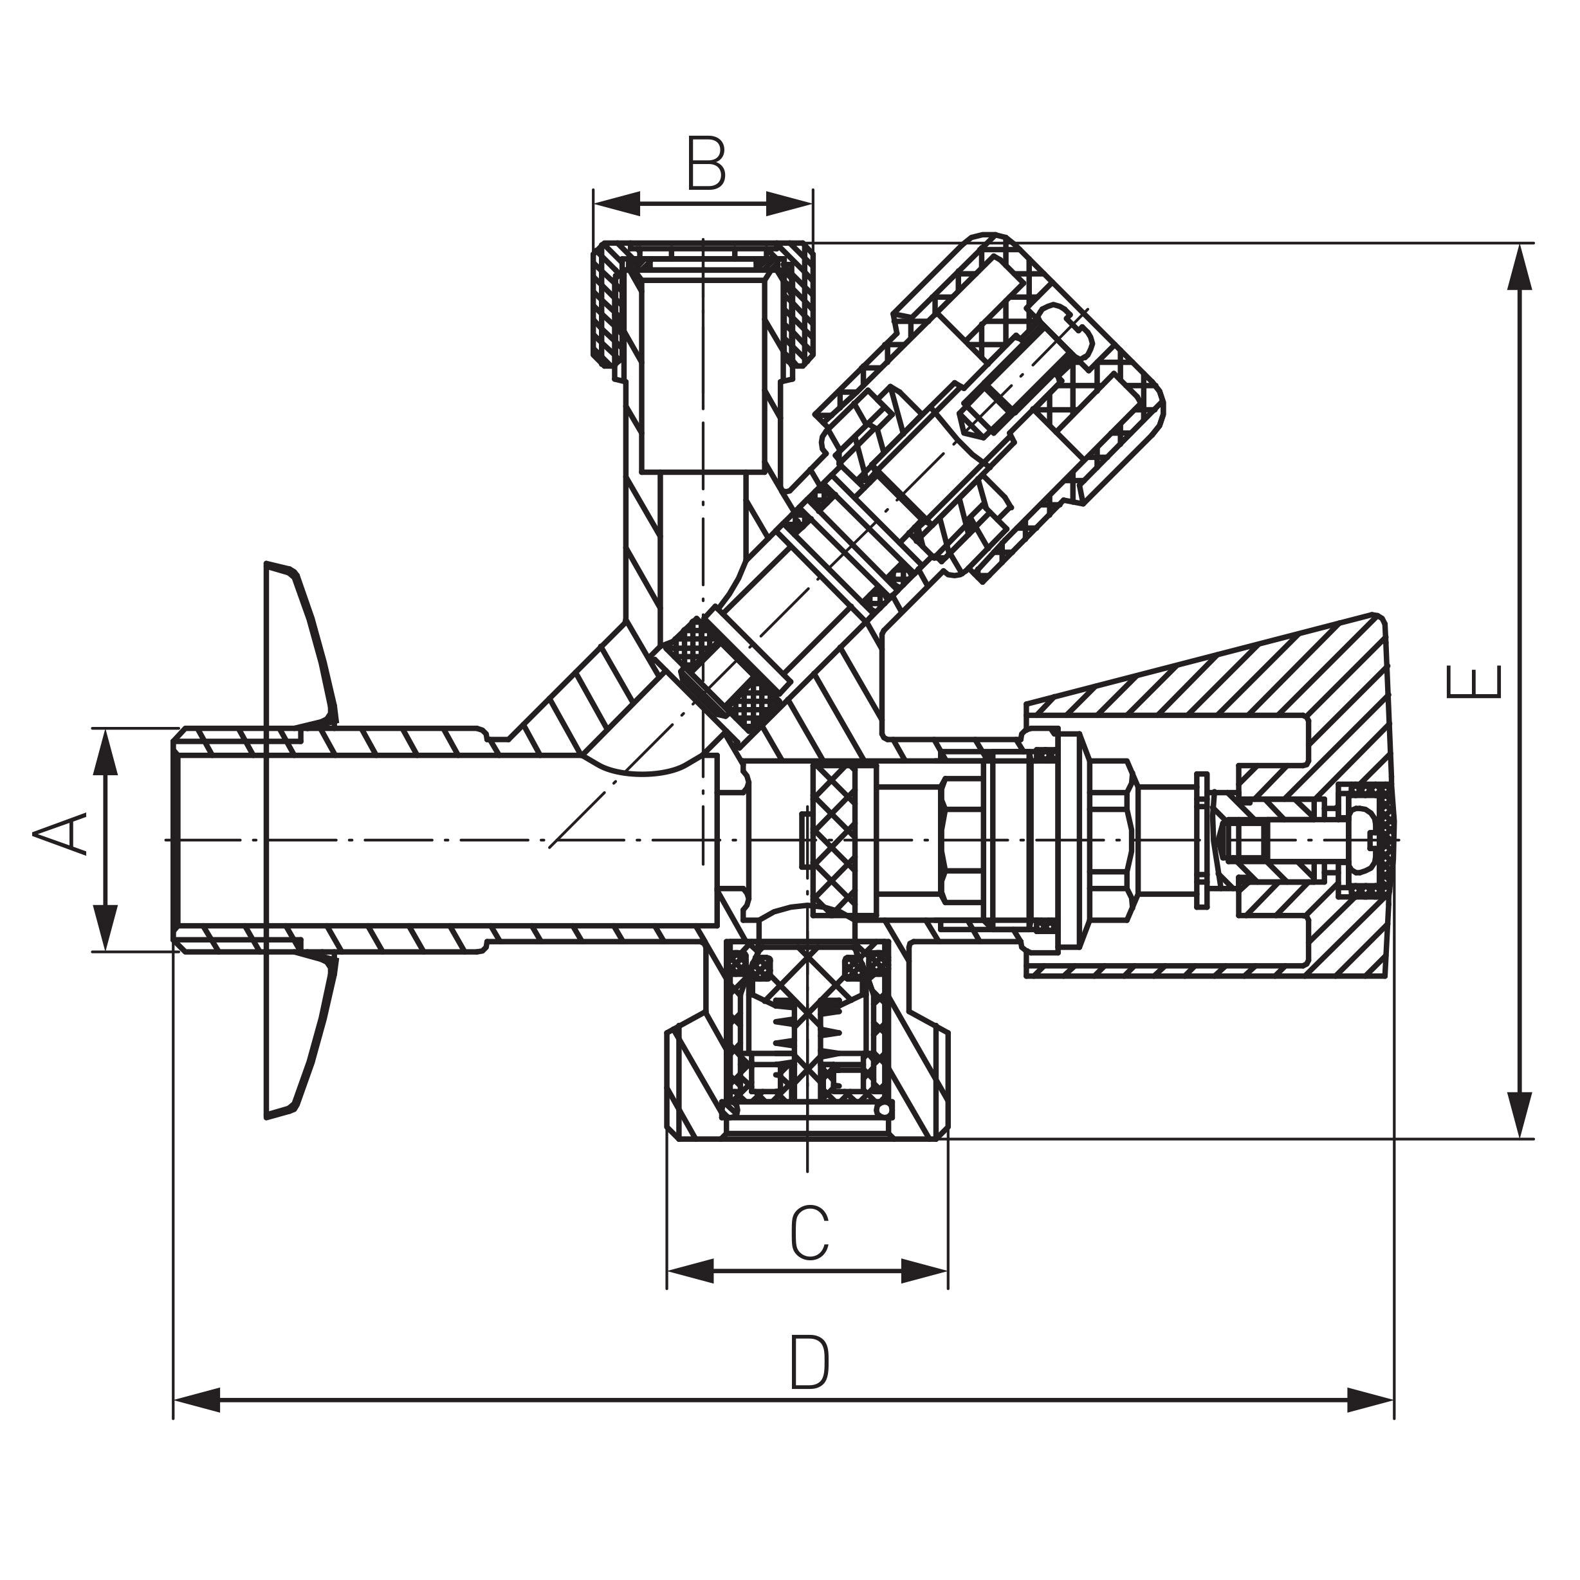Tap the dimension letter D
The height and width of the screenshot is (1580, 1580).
pyautogui.click(x=810, y=1363)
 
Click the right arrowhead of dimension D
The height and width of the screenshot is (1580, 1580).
pyautogui.click(x=1369, y=1399)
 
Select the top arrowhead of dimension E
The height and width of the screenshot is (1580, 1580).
pyautogui.click(x=1519, y=266)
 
